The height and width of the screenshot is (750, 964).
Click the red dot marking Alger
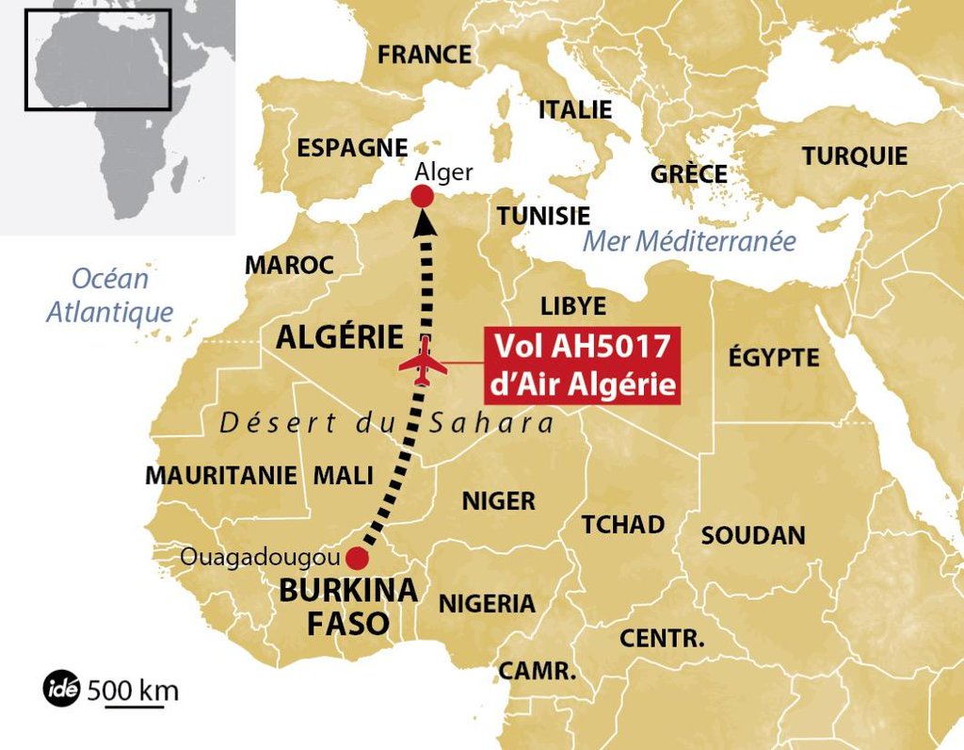(423, 196)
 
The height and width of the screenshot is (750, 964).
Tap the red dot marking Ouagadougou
(357, 558)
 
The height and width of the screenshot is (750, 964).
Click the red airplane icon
(423, 364)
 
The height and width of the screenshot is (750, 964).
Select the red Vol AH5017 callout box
(582, 366)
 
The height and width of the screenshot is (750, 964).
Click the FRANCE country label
(424, 55)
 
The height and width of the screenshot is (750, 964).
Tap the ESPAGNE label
(352, 148)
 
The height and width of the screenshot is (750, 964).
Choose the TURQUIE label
(855, 156)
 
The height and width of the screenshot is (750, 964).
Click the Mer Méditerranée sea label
(689, 241)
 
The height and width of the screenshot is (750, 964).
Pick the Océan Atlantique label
(110, 295)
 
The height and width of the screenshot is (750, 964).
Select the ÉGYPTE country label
(774, 358)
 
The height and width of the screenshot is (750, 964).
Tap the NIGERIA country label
(487, 604)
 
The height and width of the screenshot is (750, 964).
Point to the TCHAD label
(622, 525)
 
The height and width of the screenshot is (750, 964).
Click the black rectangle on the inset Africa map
(98, 59)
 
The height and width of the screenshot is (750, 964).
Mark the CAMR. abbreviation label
(537, 672)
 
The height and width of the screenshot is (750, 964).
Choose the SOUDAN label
(753, 536)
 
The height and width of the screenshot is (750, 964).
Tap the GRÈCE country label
(689, 174)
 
